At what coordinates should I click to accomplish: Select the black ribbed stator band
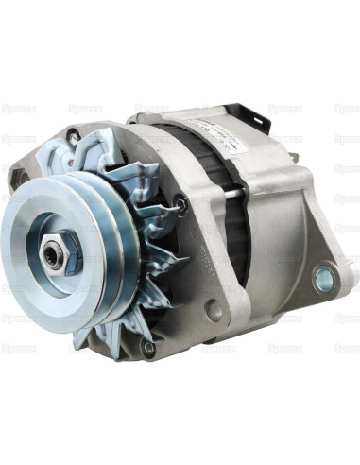[236, 227]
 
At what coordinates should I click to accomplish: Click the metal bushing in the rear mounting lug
[324, 279]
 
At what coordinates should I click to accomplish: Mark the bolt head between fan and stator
[180, 200]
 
